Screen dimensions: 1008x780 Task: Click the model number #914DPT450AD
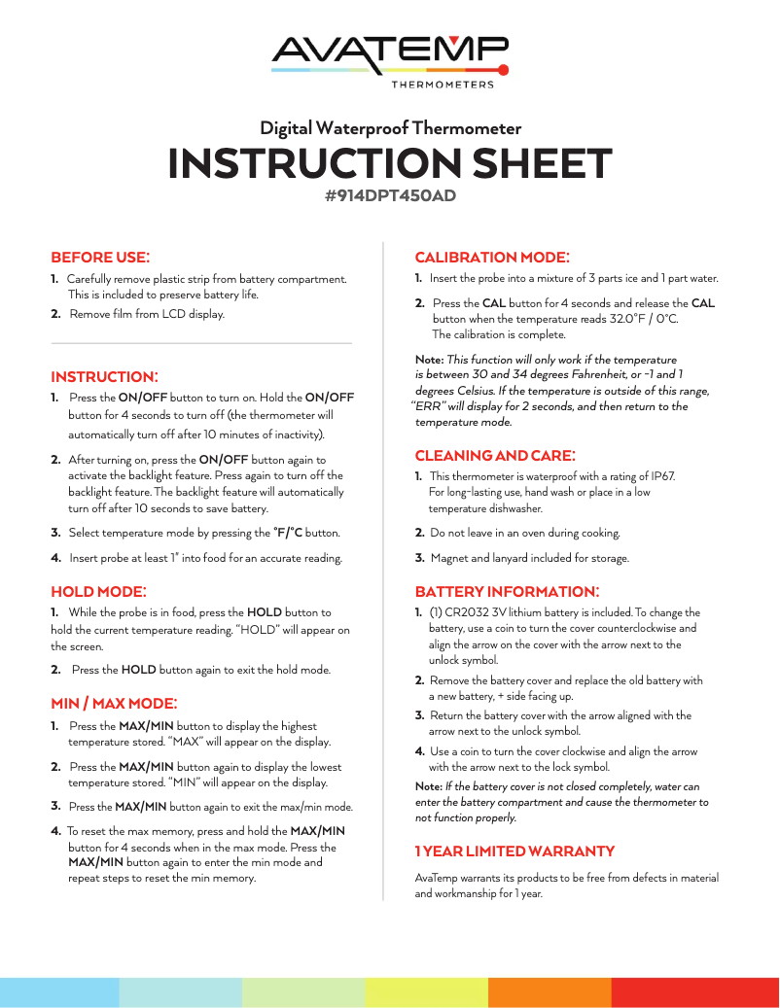tap(390, 195)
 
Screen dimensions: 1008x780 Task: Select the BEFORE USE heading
tap(100, 258)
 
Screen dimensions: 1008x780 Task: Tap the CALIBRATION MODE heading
tap(492, 258)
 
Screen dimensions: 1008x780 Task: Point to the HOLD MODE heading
tap(98, 591)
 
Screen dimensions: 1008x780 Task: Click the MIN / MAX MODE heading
tap(113, 703)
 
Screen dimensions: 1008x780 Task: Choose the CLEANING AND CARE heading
tap(495, 455)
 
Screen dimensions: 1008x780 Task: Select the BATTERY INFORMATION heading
tap(507, 592)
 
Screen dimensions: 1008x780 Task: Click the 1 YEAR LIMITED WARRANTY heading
tap(514, 852)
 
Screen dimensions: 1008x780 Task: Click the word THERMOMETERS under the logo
tap(443, 85)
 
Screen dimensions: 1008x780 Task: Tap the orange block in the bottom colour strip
tap(550, 992)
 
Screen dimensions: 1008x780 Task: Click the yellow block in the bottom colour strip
tap(427, 992)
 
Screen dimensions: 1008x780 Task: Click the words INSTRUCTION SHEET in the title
tap(390, 163)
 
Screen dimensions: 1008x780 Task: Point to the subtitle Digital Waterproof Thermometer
tap(390, 128)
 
